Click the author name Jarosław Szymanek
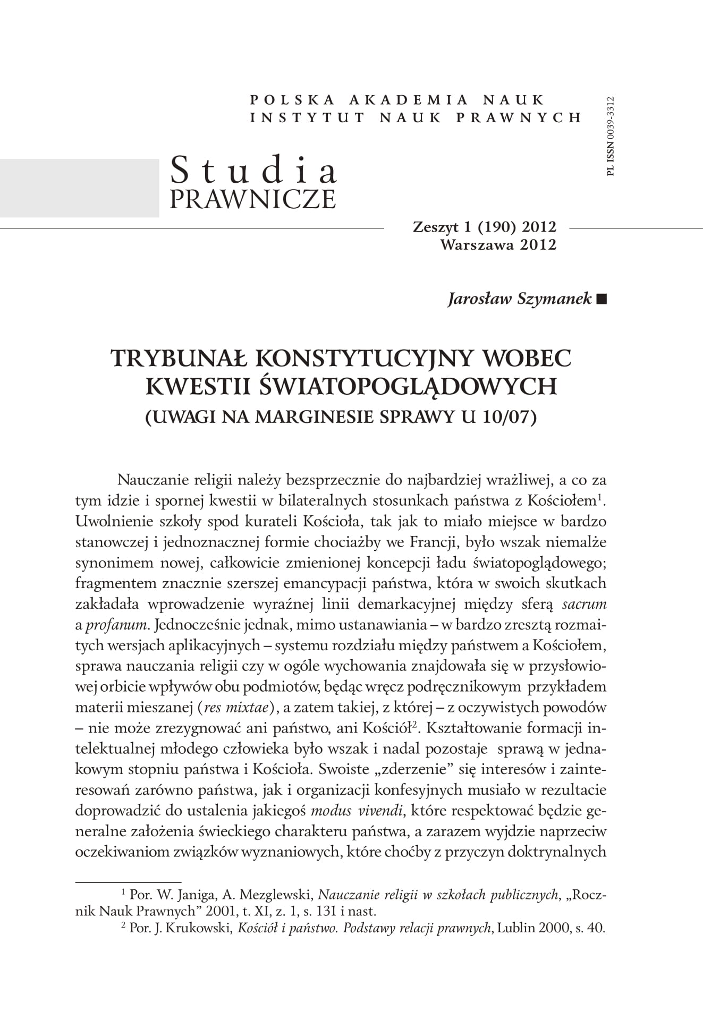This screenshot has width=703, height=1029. pos(520,299)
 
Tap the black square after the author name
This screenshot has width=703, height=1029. pos(601,300)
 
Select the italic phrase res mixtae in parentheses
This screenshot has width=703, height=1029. pos(238,708)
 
